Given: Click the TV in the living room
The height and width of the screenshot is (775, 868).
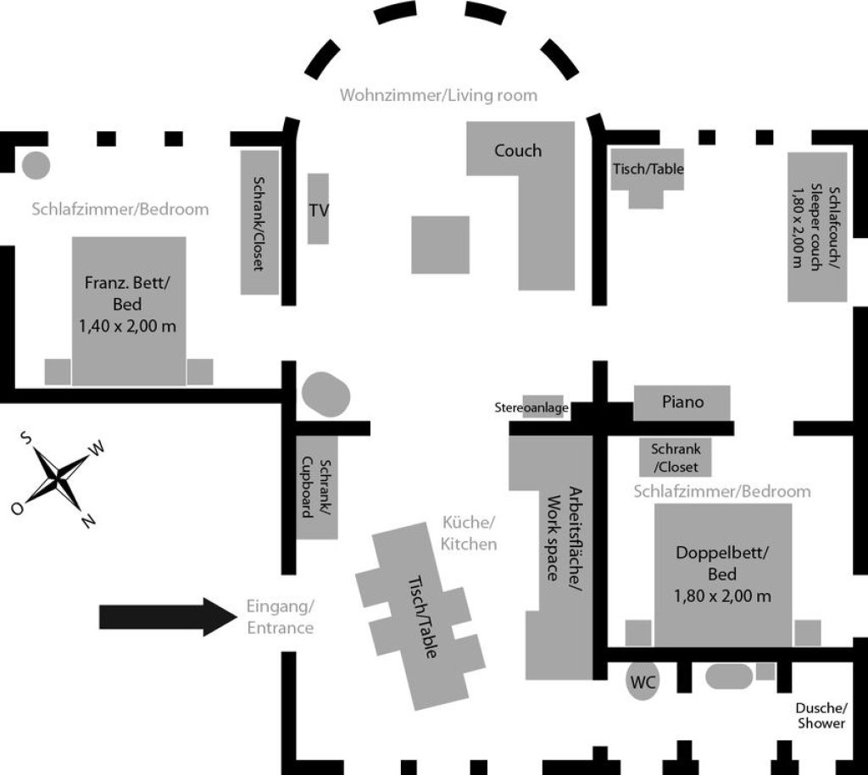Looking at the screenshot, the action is (318, 208).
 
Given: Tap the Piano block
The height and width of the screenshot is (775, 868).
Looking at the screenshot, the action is (682, 402).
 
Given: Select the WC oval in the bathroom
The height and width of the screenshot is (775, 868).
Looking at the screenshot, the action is (643, 681).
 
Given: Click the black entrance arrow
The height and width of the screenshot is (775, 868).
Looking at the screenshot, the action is (169, 617).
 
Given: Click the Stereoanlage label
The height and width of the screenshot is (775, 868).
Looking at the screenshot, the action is (531, 408).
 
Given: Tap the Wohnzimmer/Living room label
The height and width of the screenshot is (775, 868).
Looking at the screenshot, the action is (438, 95).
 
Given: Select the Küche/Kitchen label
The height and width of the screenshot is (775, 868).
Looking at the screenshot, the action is (468, 534).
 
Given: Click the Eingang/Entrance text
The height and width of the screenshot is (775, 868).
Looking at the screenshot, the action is (280, 617).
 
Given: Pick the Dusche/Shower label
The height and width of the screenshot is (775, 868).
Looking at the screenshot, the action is (821, 716).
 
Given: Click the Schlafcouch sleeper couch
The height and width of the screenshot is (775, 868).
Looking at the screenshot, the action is (817, 227).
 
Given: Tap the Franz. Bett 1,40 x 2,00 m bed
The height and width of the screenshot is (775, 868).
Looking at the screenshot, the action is (129, 311).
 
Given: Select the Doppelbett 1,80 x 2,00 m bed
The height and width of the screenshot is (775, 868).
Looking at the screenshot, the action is (723, 575).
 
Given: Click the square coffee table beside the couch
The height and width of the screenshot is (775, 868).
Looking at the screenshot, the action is (440, 245).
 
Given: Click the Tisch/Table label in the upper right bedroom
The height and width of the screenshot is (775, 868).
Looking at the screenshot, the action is (648, 169).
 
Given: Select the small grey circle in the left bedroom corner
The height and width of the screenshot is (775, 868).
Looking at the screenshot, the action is (36, 165).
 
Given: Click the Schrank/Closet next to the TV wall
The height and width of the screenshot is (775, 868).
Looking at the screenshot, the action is (259, 223).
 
